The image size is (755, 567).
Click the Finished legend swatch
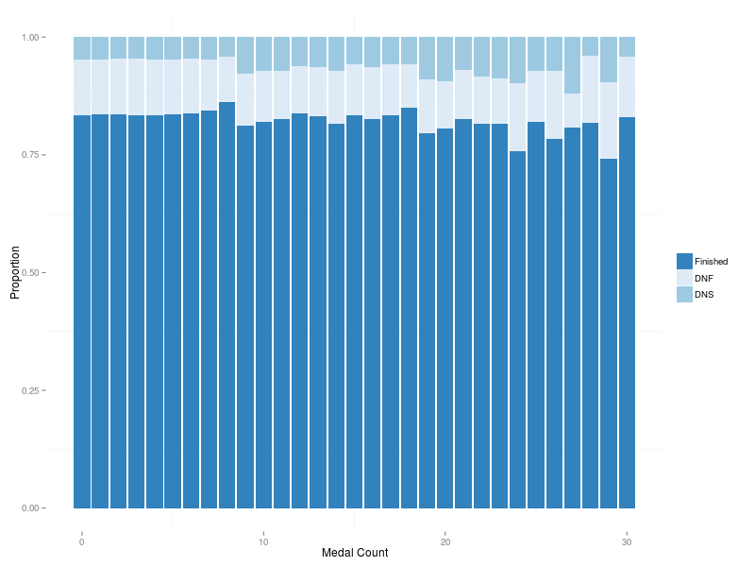click(684, 261)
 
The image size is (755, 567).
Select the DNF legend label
click(704, 278)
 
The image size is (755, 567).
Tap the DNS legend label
click(704, 295)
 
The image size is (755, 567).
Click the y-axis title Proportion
click(15, 272)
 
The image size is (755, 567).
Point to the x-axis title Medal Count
click(354, 553)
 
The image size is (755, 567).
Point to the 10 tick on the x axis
click(263, 542)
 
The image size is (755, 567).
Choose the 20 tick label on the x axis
click(445, 542)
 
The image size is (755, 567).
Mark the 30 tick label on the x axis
click(627, 542)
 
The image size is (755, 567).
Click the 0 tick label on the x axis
click(82, 542)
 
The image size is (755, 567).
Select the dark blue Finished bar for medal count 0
click(82, 312)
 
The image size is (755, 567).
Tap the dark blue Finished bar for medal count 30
click(627, 312)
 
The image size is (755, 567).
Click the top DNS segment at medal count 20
click(445, 59)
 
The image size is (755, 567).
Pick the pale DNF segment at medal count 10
click(263, 96)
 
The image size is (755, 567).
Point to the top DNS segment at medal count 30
click(627, 46)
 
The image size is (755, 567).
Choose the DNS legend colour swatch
click(684, 295)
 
